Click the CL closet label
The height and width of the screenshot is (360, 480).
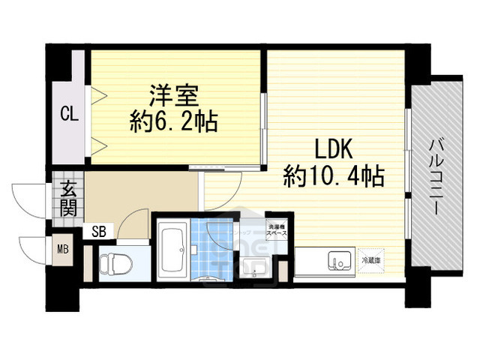click(70, 115)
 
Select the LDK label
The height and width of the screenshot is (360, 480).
click(326, 148)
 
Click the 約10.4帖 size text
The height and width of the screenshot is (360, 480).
click(334, 176)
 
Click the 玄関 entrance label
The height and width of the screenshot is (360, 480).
click(68, 199)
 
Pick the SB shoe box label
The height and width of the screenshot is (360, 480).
click(99, 232)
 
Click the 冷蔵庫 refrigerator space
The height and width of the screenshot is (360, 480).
click(372, 259)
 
